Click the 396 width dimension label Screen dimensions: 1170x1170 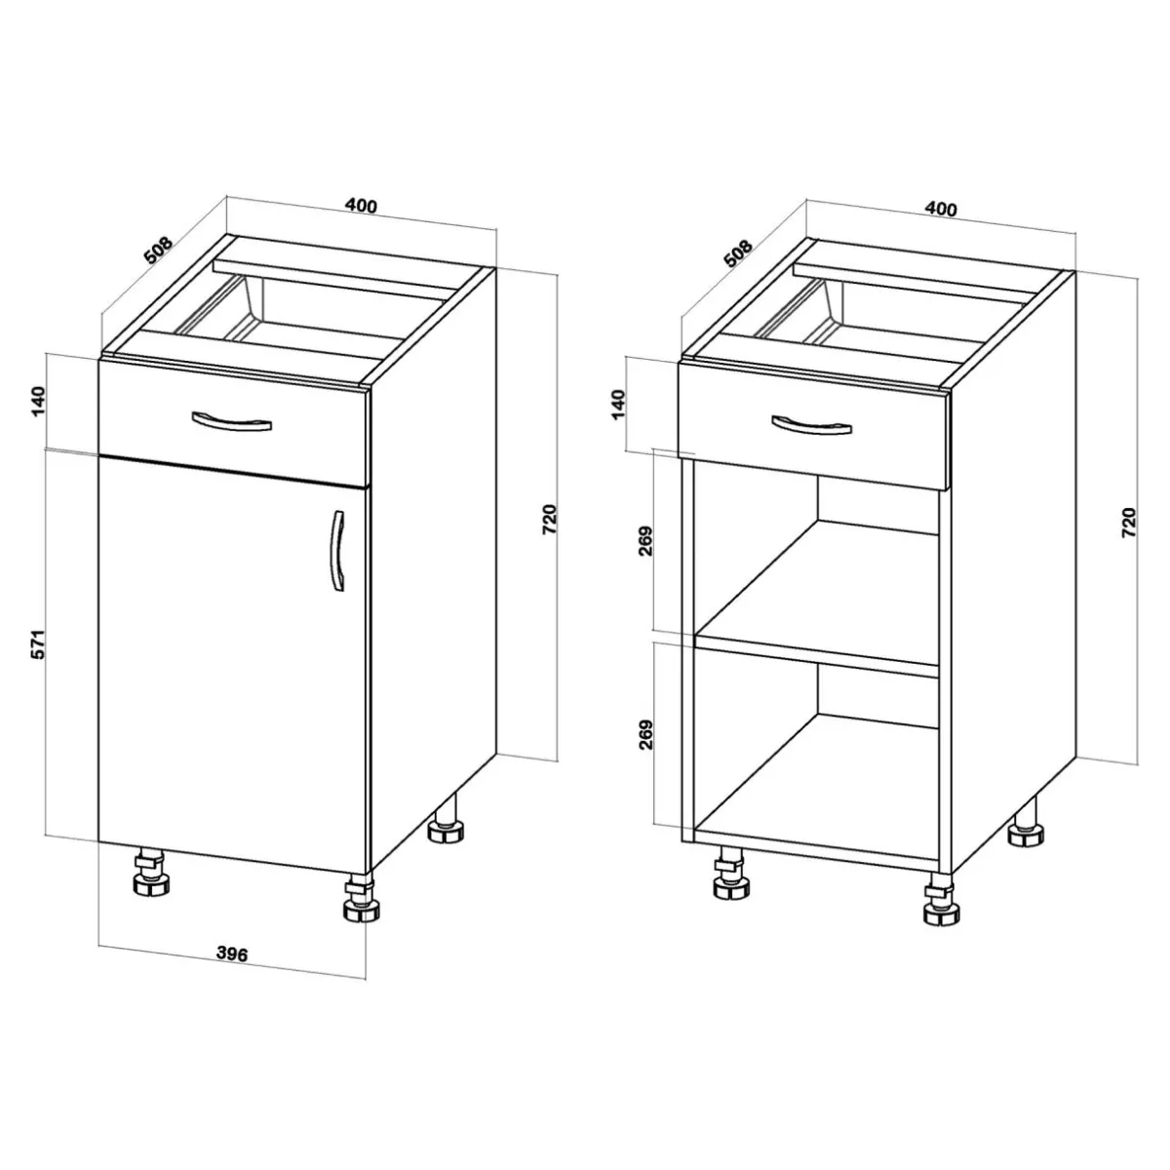point(233,954)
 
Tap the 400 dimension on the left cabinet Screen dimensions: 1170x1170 point(362,206)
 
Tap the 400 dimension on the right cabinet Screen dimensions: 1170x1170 point(941,209)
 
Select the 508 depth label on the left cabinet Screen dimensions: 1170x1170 point(159,251)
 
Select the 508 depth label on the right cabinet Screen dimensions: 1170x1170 point(738,253)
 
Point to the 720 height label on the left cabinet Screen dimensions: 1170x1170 point(549,519)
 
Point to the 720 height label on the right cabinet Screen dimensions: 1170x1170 point(1129,523)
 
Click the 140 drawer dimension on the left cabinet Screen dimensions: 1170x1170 point(37,401)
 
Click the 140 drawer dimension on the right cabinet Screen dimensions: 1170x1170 point(617,405)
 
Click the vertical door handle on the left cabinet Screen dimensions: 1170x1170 point(337,550)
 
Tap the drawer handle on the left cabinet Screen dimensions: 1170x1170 point(231,421)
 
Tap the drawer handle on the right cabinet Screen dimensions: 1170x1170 point(811,425)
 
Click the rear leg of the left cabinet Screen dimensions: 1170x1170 point(447,818)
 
